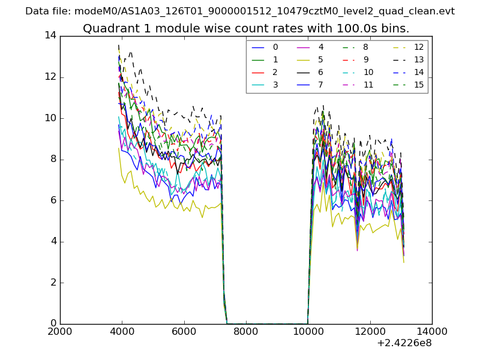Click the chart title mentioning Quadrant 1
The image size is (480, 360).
coord(246,28)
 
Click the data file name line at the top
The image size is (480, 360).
coord(240,11)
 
